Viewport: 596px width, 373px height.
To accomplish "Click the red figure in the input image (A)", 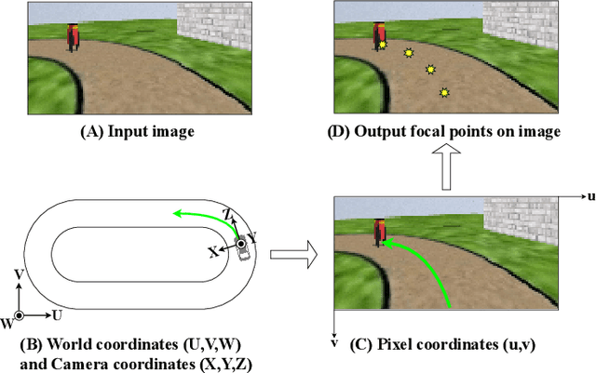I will [x=72, y=38].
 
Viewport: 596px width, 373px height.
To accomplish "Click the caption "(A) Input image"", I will [x=136, y=131].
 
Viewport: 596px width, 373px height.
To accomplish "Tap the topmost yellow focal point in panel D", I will [x=381, y=43].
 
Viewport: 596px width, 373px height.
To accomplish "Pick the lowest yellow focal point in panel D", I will [x=444, y=91].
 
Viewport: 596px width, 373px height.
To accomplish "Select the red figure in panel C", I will [x=379, y=232].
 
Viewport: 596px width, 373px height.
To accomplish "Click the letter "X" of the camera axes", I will [x=213, y=252].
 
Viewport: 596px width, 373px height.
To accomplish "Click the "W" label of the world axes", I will [x=8, y=323].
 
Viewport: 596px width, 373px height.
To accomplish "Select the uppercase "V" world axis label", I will [x=19, y=276].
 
